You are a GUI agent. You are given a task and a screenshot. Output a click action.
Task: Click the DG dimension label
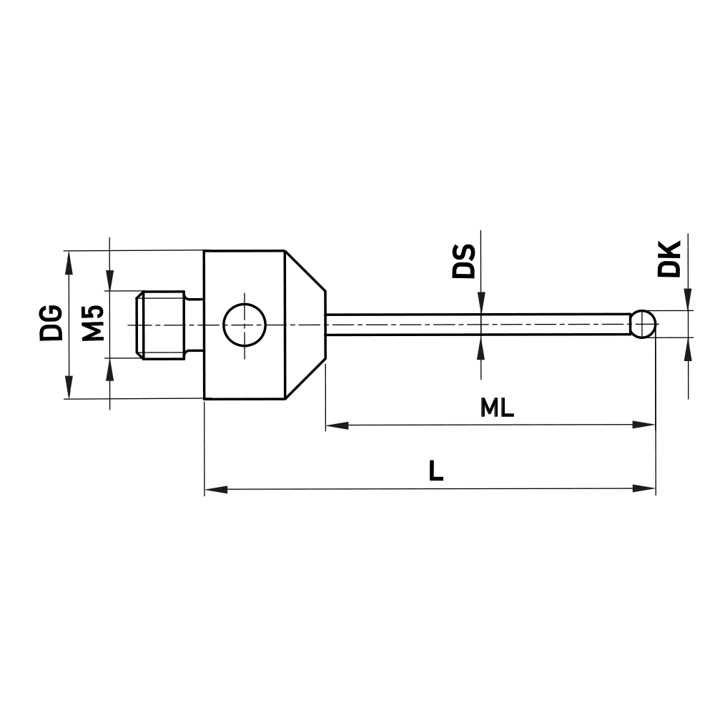click(50, 322)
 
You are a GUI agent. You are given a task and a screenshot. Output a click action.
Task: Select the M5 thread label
click(93, 322)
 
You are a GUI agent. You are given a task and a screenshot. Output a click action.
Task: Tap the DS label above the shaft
click(463, 261)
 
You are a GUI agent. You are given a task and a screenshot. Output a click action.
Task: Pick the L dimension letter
click(435, 470)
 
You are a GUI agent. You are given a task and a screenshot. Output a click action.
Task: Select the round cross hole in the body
click(244, 324)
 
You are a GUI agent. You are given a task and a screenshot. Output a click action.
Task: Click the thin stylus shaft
click(479, 324)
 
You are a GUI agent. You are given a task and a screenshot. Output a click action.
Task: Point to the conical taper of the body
click(305, 324)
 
